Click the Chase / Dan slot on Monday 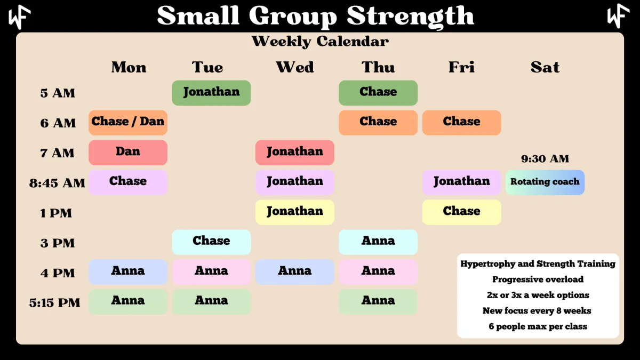127,123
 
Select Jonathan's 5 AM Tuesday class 211,93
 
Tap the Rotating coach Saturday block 545,182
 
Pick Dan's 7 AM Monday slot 127,153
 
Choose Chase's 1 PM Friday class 461,212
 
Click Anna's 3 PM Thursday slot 378,242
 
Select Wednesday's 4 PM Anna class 294,271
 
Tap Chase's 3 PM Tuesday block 211,242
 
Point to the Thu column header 378,67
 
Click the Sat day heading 545,67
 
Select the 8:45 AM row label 57,183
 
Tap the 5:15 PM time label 54,303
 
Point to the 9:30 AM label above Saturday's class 545,158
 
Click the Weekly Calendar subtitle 320,42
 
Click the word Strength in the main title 410,16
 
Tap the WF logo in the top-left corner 19,17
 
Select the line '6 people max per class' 538,326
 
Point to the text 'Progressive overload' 538,279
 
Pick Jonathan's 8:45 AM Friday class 461,182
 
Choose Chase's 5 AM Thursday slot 378,93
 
